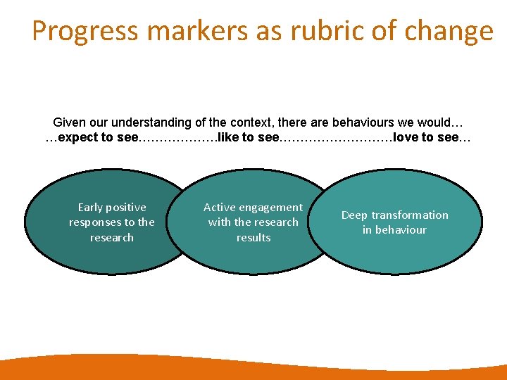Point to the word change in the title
point(449,32)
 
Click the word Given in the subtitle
point(69,122)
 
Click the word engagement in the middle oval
point(270,208)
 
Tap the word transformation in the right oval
point(410,215)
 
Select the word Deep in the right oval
point(355,215)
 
